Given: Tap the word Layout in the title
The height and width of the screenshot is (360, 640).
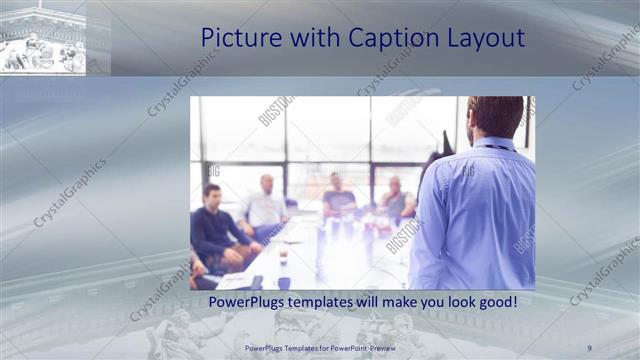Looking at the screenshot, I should click(x=487, y=39).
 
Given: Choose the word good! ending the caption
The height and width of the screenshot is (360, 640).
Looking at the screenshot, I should click(x=497, y=301).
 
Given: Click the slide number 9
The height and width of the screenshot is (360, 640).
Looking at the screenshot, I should click(x=590, y=348).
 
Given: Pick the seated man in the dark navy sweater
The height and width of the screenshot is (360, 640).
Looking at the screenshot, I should click(x=215, y=228).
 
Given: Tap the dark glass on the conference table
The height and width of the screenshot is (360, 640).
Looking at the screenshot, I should click(x=283, y=254).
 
